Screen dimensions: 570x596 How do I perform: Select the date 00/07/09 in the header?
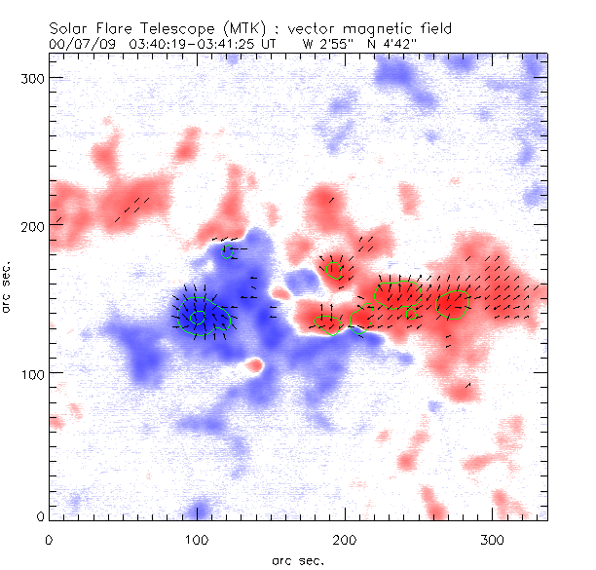point(77,44)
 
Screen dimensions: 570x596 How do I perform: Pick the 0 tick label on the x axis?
point(49,539)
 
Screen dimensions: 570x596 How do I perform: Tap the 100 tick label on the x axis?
point(197,539)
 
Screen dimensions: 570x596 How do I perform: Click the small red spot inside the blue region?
point(255,366)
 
